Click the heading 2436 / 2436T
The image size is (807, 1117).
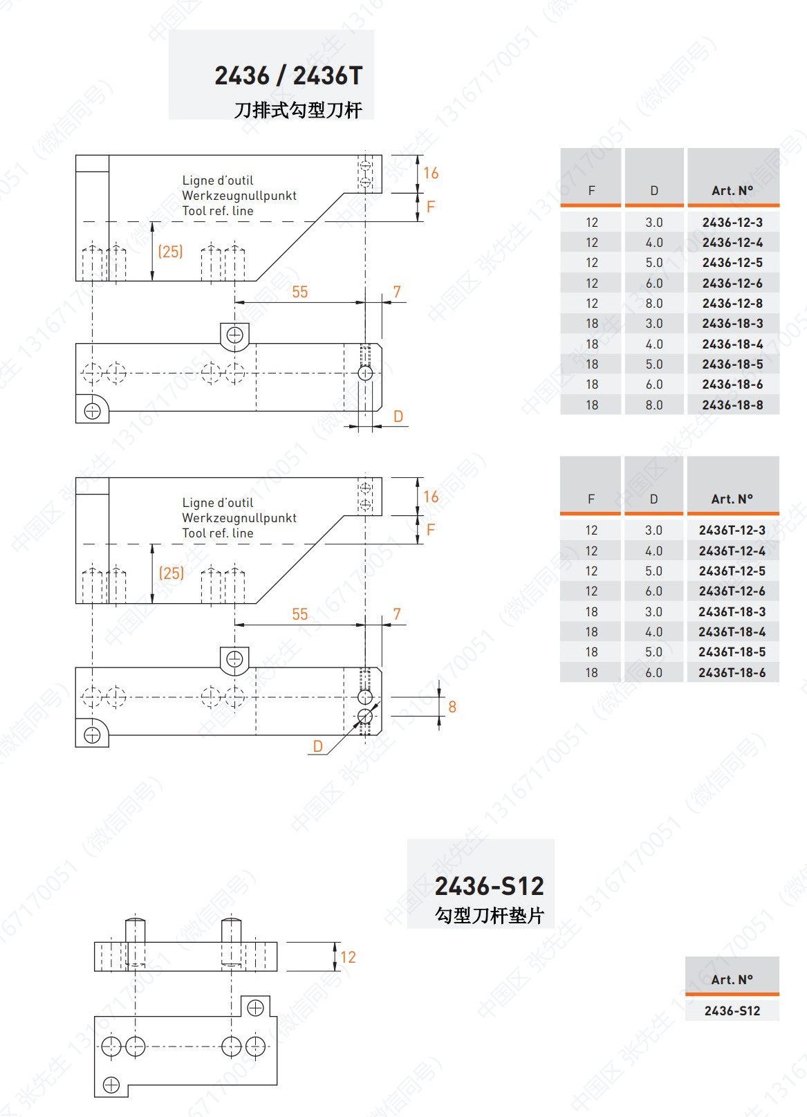coord(288,75)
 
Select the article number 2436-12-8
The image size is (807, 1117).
coord(732,304)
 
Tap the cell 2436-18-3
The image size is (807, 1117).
coord(732,324)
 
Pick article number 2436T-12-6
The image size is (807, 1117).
coord(732,591)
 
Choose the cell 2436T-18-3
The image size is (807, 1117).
coord(732,612)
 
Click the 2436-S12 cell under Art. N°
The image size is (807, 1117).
coord(732,1011)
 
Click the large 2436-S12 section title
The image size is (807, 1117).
coord(489,886)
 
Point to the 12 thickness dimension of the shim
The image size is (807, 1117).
coord(348,957)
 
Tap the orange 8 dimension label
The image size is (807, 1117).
coord(452,707)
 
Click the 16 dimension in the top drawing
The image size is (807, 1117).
coord(431,173)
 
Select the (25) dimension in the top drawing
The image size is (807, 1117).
coord(171,251)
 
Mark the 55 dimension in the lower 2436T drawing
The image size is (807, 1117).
coord(299,614)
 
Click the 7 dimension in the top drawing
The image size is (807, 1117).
coord(397,292)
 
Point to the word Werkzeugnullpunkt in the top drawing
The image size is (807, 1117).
coord(239,196)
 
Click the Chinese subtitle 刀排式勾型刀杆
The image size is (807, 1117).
coord(298,110)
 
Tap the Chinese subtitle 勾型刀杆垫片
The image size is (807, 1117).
coord(489,916)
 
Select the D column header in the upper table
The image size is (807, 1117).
coord(654,191)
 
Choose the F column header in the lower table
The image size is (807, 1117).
coord(591,499)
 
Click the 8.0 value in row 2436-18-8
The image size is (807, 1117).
coord(654,405)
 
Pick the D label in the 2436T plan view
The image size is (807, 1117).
coord(317,746)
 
